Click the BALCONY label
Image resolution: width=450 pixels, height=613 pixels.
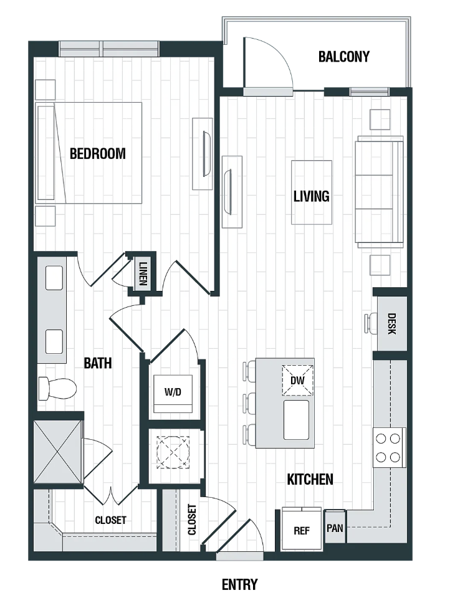[x=343, y=57]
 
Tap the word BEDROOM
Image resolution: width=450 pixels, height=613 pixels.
[x=98, y=154]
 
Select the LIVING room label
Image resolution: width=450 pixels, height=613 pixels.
[x=311, y=196]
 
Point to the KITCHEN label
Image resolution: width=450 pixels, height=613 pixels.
[x=310, y=479]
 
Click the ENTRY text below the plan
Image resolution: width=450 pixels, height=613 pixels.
[x=240, y=585]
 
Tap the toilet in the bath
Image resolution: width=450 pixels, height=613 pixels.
[x=57, y=388]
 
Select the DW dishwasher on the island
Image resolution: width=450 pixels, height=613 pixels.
[x=297, y=381]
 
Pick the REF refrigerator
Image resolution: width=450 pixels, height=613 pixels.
[x=302, y=529]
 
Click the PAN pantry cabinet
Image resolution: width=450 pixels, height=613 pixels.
[x=335, y=526]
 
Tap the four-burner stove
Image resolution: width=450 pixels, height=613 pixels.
[x=388, y=448]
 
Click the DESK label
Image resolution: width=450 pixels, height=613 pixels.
[x=392, y=324]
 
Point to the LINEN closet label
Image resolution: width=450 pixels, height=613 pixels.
[x=143, y=273]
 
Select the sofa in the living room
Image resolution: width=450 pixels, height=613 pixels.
[x=379, y=192]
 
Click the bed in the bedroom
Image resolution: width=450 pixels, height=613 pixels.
[x=89, y=153]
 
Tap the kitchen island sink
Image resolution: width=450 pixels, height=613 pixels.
[x=296, y=420]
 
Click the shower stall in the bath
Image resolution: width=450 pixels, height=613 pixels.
[x=58, y=453]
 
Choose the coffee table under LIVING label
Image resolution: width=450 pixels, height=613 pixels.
[x=312, y=192]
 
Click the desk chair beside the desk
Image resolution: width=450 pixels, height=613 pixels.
[x=370, y=324]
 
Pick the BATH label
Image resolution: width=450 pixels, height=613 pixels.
[x=98, y=363]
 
